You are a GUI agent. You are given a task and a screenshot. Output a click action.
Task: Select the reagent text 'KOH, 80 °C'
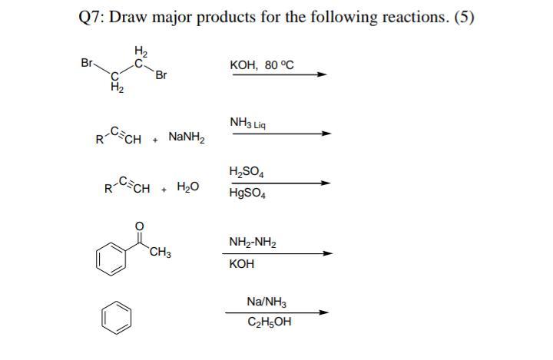[262, 65]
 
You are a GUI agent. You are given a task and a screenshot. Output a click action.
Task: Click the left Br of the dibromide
[87, 63]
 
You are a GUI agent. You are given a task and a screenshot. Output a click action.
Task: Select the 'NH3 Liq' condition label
[247, 123]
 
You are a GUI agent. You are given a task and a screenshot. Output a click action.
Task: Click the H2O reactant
[188, 187]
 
